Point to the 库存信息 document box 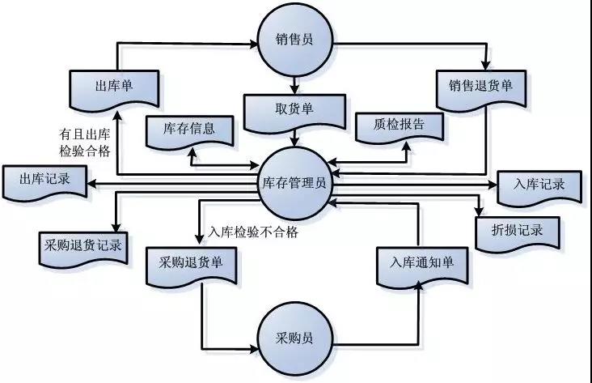[188, 130]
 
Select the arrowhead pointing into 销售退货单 [485, 66]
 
